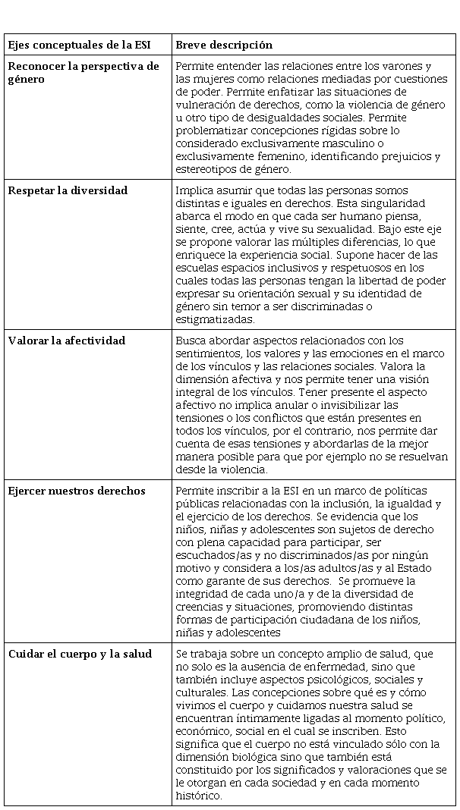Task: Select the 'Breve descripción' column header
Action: pyautogui.click(x=224, y=45)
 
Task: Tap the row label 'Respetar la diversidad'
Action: pyautogui.click(x=68, y=190)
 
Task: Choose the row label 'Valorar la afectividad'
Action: pyautogui.click(x=67, y=341)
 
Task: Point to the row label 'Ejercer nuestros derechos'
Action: pyautogui.click(x=77, y=491)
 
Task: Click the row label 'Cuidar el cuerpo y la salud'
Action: pyautogui.click(x=80, y=654)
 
